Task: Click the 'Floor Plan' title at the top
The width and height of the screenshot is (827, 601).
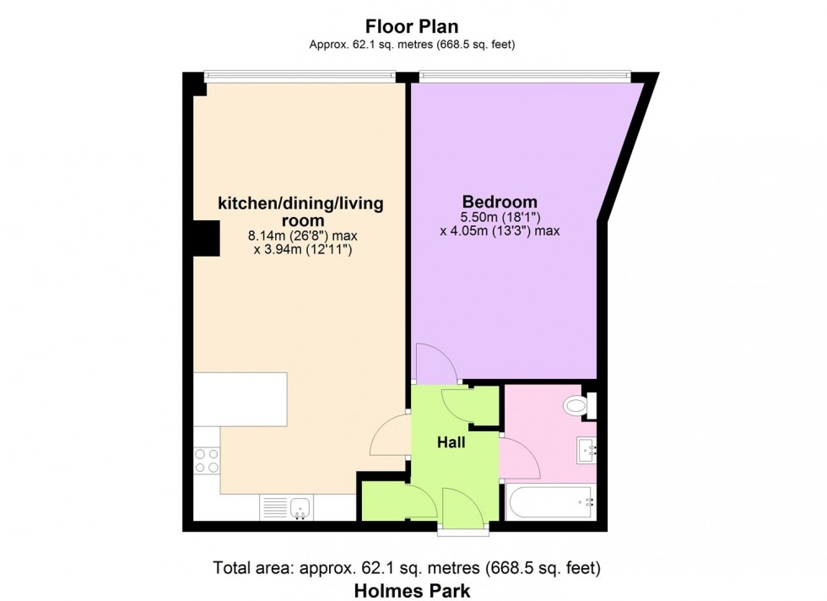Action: click(412, 27)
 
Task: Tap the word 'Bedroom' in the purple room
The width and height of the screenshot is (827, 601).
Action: click(500, 202)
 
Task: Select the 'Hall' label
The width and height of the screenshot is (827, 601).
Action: click(451, 441)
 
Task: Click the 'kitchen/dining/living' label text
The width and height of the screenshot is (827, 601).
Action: click(300, 203)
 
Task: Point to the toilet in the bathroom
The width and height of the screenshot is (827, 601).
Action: click(576, 406)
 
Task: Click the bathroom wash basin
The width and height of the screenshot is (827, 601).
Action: click(586, 451)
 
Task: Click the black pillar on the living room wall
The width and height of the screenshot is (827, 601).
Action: click(203, 237)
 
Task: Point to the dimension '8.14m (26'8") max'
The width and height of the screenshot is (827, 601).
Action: click(301, 236)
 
